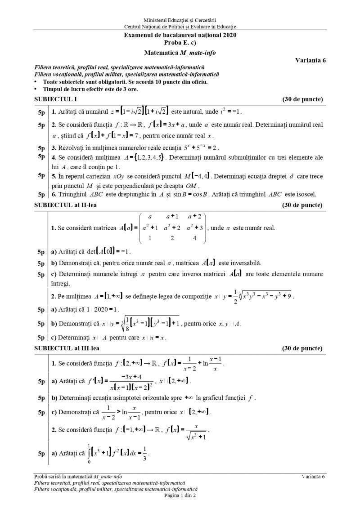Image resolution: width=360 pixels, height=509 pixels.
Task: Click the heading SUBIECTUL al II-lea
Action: point(65,205)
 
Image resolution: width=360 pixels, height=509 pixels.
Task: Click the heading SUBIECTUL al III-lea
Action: point(67,348)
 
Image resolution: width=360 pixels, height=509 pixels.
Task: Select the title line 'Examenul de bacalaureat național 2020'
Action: point(180,35)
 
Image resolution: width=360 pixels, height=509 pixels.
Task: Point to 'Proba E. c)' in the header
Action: point(180,42)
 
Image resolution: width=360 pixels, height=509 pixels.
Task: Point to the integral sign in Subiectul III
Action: point(89,454)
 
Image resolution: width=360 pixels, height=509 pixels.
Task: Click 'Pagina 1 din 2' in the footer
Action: point(180,495)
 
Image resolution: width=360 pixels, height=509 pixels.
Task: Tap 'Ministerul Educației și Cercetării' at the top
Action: point(180,20)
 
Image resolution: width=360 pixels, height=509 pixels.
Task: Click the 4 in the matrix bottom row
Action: point(194,238)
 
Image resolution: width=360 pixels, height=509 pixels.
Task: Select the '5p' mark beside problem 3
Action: point(41,148)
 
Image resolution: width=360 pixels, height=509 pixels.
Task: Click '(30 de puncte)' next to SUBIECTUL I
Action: point(302,99)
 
